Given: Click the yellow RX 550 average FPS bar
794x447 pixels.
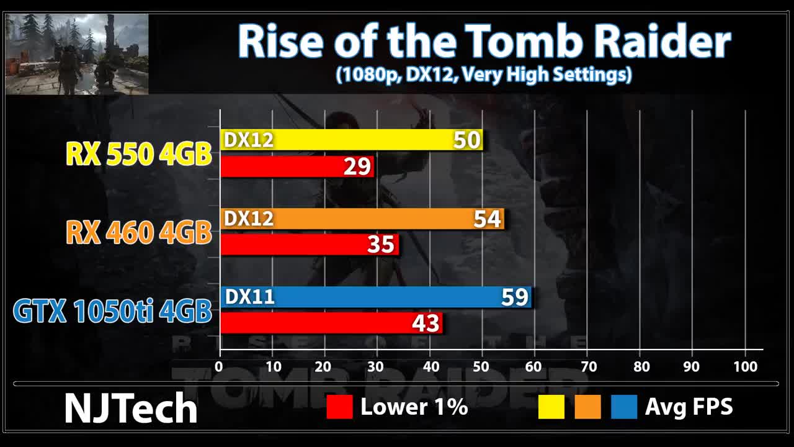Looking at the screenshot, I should coord(351,140).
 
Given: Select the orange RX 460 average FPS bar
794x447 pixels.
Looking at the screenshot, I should coord(362,219).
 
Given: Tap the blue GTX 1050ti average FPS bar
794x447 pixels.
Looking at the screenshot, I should coord(375,297).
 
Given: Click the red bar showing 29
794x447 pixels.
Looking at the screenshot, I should coord(297,166).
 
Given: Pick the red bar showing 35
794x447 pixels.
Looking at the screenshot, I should coord(309,245).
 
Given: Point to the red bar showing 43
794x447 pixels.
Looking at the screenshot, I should coord(331,323).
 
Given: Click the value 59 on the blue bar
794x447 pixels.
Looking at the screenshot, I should coord(514,297).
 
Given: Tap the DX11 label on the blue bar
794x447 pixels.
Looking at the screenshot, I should coord(249,297).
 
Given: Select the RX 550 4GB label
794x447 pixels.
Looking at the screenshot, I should coord(139,154).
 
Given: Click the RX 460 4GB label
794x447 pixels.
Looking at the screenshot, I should coord(138,232).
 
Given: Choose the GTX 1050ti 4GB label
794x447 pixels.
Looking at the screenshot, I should coord(112,311).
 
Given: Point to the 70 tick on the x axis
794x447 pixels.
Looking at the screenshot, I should coord(587,366).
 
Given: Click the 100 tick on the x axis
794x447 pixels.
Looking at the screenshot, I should coord(745,366).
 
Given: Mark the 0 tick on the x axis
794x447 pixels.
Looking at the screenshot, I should coord(219,366).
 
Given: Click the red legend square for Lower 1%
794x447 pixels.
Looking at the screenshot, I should coord(339,407).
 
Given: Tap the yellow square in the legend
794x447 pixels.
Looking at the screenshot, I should coord(551,407).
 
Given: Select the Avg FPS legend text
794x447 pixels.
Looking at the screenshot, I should coord(689,407).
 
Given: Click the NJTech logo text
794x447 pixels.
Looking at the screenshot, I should coord(131,408).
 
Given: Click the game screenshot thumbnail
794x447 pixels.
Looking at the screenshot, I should coord(77,54).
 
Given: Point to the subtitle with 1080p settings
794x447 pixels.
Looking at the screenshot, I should coord(484,75).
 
